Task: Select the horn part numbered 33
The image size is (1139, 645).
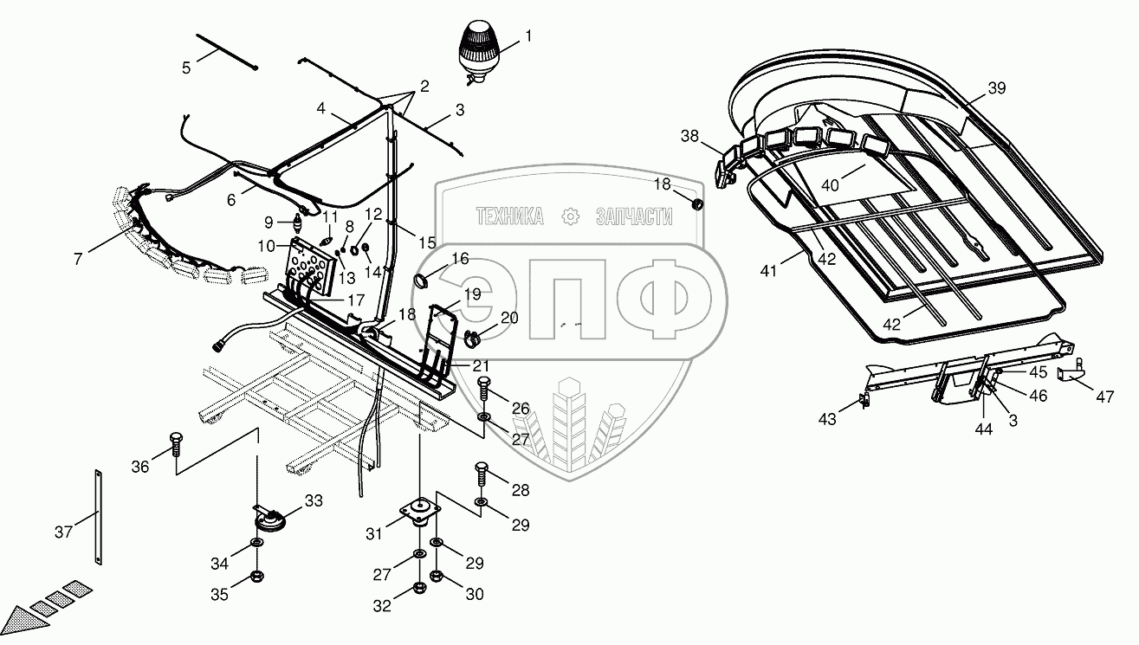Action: click(269, 521)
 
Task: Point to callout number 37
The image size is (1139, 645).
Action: click(62, 532)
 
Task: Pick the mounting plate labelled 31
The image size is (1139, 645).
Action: click(419, 513)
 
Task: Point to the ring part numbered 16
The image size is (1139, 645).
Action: click(423, 281)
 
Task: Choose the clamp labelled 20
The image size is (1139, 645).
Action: click(475, 334)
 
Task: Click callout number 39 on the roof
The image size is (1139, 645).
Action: click(997, 88)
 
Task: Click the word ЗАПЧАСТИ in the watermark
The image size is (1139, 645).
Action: click(634, 216)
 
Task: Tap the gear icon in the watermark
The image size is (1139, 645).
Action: click(570, 216)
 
